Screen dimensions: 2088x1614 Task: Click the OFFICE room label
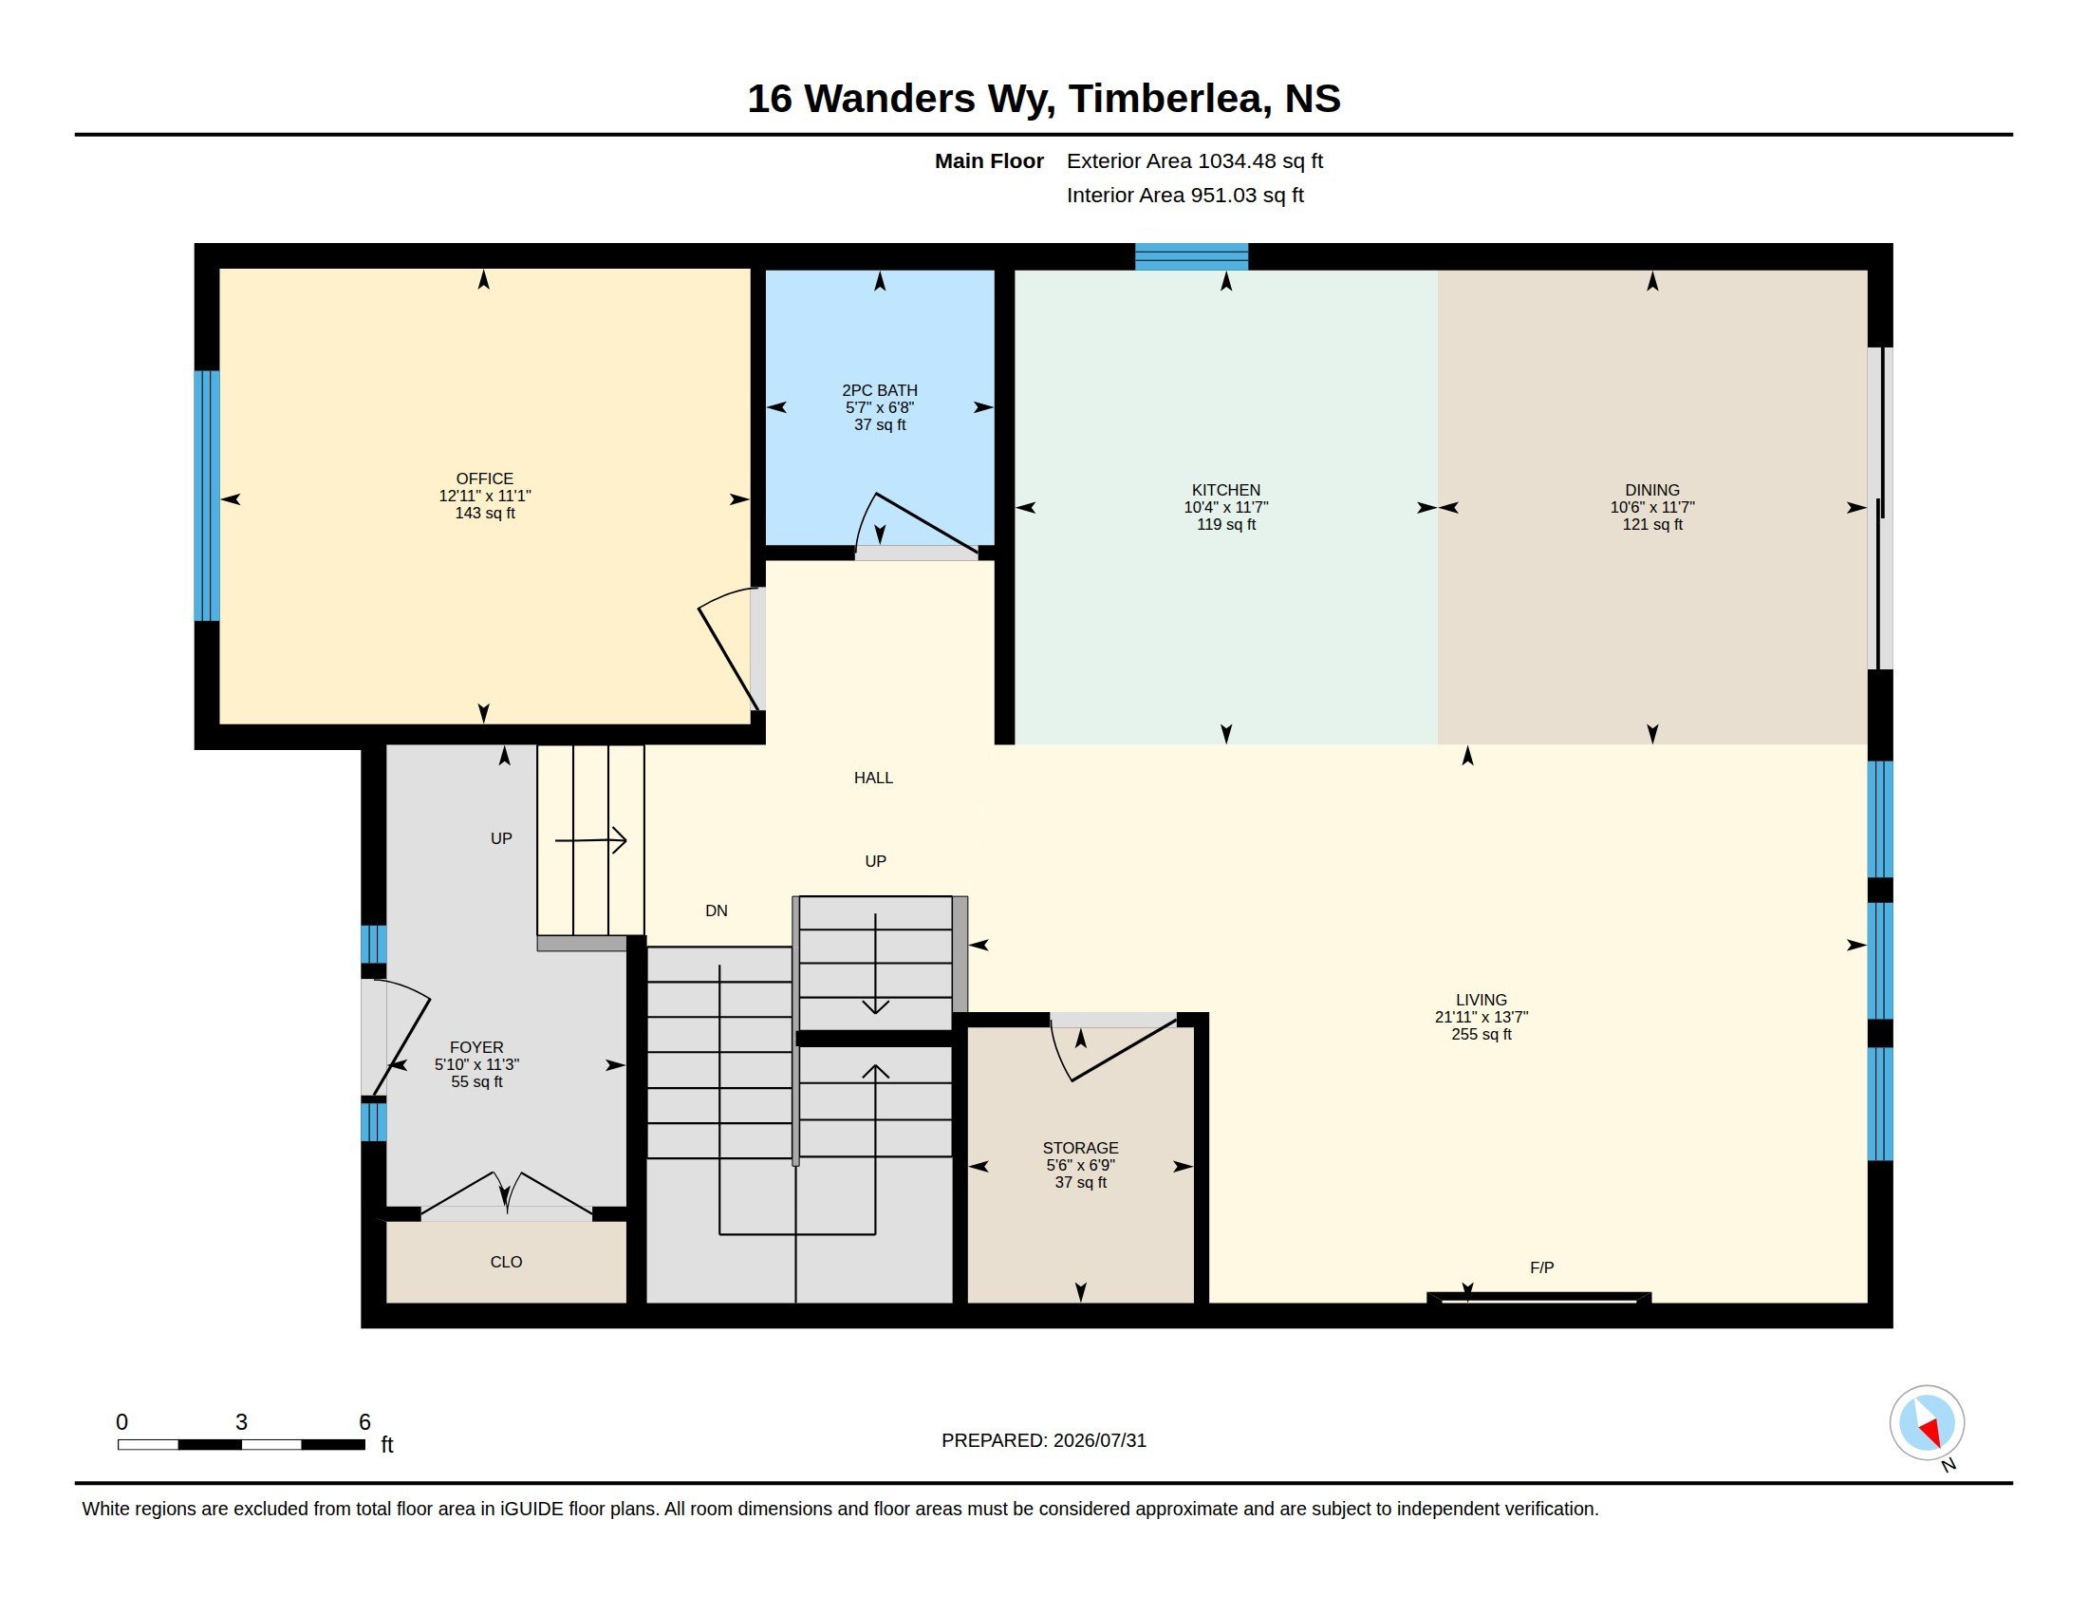(485, 479)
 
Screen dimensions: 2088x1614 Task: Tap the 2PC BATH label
(880, 390)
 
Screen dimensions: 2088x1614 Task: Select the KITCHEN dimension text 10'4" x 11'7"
(1225, 508)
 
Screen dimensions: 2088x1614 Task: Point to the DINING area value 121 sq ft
(1652, 525)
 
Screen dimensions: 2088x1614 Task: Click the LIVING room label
(1481, 1000)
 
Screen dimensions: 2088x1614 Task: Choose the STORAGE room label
(1080, 1149)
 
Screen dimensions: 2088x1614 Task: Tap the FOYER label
(476, 1048)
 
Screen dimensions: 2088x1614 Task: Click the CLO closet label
(506, 1262)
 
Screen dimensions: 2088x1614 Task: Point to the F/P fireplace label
(1542, 1267)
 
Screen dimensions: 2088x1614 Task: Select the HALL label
(873, 779)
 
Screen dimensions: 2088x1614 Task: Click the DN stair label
(716, 911)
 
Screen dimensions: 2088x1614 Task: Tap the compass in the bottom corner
(1927, 1423)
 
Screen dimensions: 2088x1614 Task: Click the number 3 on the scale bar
(241, 1422)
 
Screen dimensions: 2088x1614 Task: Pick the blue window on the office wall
(207, 497)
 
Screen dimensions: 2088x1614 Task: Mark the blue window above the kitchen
(1191, 256)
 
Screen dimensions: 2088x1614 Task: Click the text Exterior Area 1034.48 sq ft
(1194, 160)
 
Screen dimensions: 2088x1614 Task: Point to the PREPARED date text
(1043, 1441)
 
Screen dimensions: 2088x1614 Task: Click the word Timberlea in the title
(1169, 99)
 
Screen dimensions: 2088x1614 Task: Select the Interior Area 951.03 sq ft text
(1184, 195)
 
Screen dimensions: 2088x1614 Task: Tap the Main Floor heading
(989, 160)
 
